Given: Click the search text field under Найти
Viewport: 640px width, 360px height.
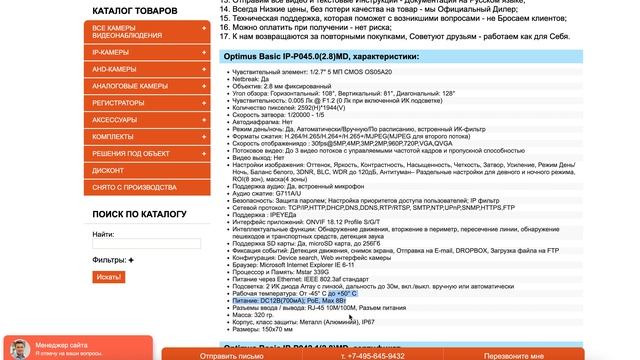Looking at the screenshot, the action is tap(146, 243).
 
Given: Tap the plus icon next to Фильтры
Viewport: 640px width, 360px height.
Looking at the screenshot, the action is tap(130, 260).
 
